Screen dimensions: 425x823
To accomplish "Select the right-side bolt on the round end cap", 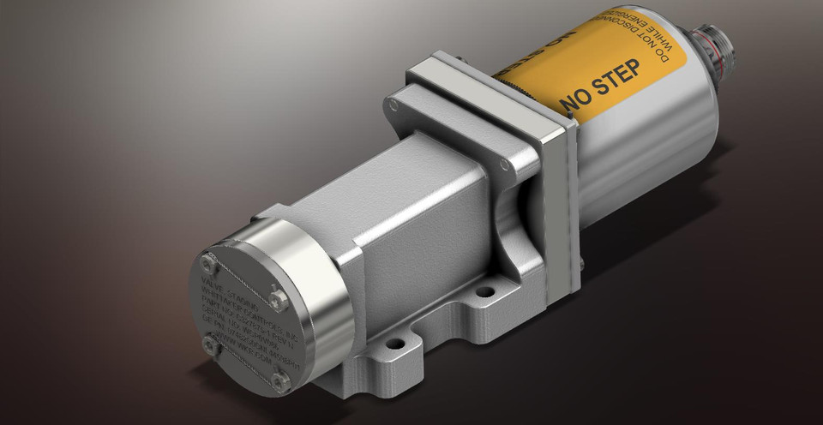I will click(277, 299).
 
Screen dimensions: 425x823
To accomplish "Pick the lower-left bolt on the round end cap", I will click(210, 344).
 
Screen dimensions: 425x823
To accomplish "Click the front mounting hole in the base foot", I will click(395, 344).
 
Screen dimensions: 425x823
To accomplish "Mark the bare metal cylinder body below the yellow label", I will click(652, 146).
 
